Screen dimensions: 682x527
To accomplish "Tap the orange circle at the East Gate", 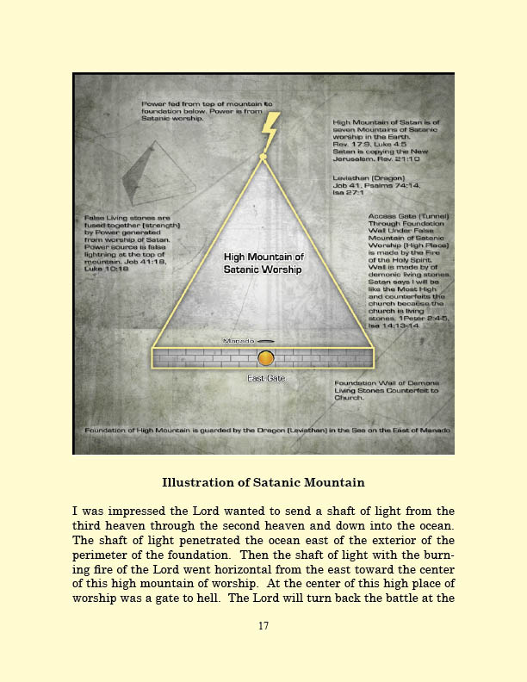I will pos(266,357).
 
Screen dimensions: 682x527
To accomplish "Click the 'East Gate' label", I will pos(266,377).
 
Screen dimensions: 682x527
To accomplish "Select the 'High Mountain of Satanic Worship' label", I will pos(263,263).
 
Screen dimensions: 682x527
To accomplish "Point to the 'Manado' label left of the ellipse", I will pos(237,341).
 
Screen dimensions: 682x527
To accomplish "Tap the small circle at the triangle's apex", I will pos(263,157).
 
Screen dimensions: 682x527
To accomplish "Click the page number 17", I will pos(263,626).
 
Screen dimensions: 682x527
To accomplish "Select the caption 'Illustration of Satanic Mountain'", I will pos(263,482).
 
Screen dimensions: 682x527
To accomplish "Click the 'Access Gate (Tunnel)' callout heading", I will pos(399,215).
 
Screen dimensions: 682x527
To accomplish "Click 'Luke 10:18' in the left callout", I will pos(106,267).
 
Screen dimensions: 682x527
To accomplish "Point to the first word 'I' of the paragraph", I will pos(75,512).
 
